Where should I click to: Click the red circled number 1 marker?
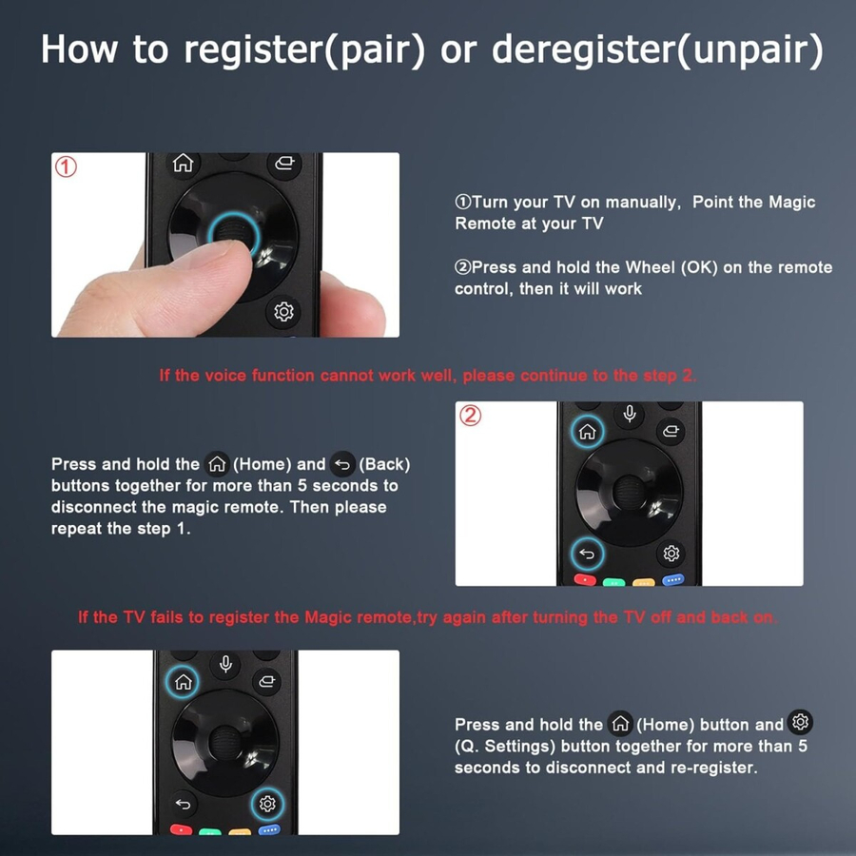point(66,167)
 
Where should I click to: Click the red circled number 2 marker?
point(470,416)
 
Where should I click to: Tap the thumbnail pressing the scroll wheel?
point(225,244)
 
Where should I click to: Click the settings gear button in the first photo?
point(283,311)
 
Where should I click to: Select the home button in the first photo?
point(183,163)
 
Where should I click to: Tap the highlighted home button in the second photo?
point(588,431)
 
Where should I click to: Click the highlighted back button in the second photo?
point(587,554)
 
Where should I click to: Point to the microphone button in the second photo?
point(630,414)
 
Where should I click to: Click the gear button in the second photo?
point(671,554)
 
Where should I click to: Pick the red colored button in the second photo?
point(585,580)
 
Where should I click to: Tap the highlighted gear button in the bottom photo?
point(267,804)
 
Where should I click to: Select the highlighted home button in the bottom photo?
point(183,682)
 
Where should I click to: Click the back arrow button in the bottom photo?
point(183,804)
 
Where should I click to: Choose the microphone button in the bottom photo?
point(224,665)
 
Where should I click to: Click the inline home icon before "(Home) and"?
point(217,464)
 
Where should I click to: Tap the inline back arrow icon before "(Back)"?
point(342,464)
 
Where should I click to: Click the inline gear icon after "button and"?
point(800,722)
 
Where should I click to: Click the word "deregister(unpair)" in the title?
point(657,49)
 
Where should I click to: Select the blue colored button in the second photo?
point(673,580)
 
